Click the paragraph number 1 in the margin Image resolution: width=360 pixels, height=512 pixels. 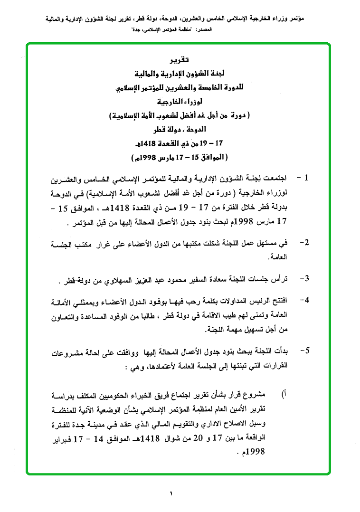click(306, 178)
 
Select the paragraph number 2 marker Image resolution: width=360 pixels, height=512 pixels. click(305, 243)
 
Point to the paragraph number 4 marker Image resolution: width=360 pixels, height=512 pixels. click(305, 300)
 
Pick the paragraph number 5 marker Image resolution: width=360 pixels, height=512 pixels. click(305, 351)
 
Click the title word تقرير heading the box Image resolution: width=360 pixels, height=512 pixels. click(179, 60)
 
